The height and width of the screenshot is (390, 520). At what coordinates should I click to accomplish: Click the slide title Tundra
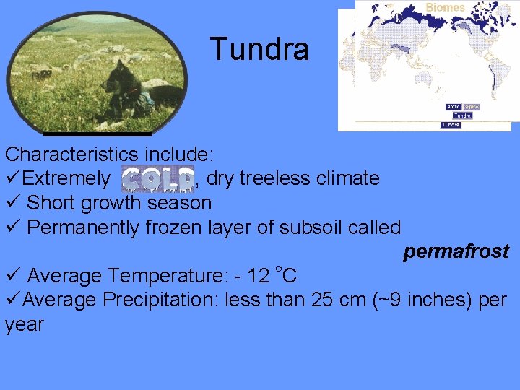point(260,49)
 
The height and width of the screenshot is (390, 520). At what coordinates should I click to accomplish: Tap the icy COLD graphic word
point(157,178)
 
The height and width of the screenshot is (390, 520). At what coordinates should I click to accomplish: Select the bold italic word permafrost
point(456,251)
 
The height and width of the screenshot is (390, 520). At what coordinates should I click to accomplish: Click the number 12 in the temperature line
point(258,276)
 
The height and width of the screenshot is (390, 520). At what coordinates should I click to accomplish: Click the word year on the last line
point(24,324)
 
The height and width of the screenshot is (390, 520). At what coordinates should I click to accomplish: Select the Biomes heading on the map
point(445,7)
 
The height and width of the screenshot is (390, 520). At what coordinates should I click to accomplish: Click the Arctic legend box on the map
point(454,107)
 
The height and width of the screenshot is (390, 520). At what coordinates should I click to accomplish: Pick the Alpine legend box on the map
point(471,107)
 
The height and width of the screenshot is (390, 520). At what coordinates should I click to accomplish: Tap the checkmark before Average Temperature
point(12,276)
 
